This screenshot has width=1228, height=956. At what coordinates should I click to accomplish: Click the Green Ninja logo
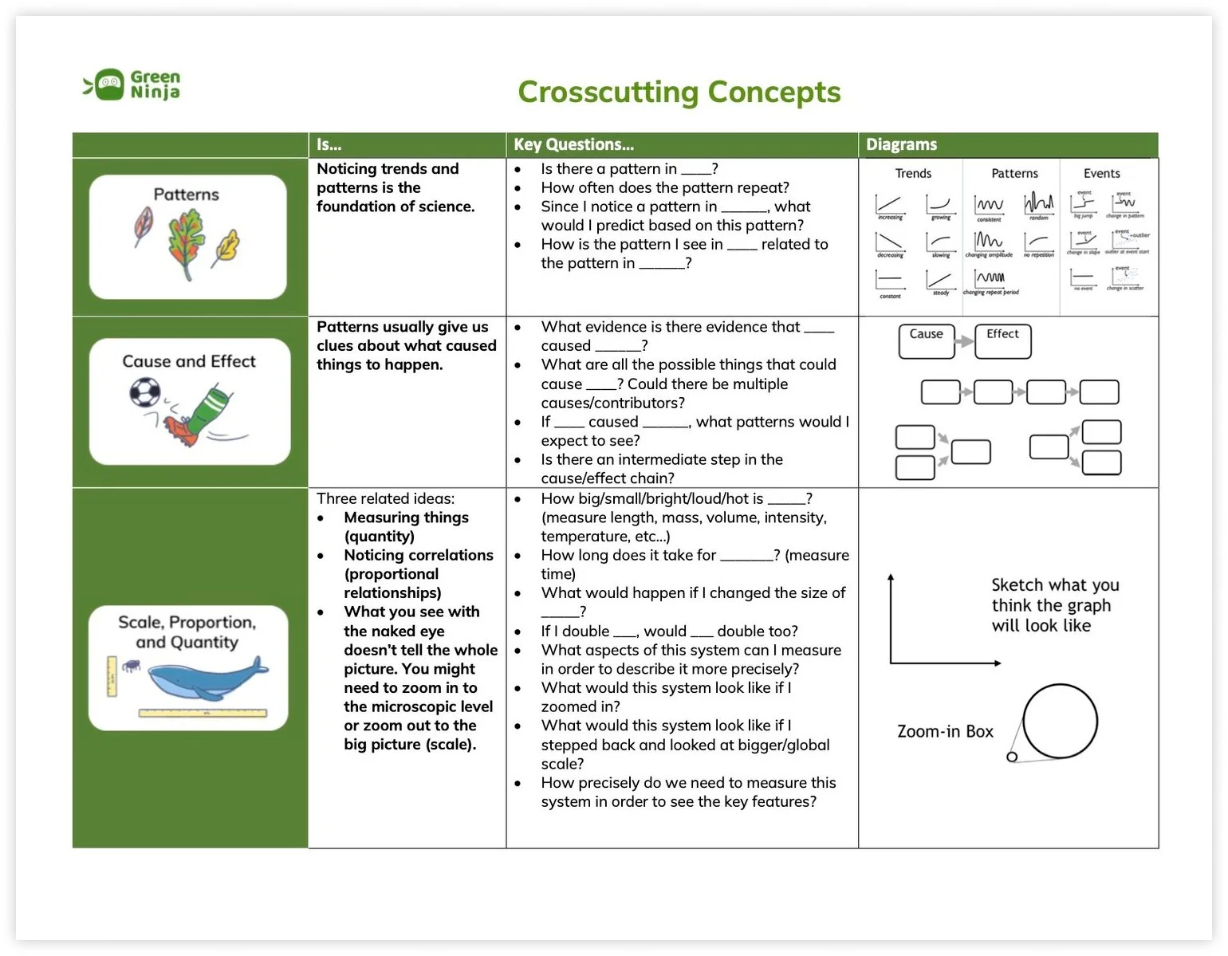pyautogui.click(x=132, y=85)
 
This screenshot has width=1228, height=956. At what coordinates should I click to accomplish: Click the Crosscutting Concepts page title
pyautogui.click(x=679, y=92)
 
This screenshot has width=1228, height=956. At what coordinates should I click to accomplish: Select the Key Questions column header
pyautogui.click(x=574, y=144)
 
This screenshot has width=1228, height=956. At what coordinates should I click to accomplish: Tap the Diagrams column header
pyautogui.click(x=901, y=144)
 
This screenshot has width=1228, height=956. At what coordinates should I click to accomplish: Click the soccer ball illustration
pyautogui.click(x=145, y=392)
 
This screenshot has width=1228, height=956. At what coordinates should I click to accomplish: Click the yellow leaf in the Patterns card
pyautogui.click(x=226, y=248)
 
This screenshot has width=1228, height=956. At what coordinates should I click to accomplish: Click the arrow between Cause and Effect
pyautogui.click(x=965, y=341)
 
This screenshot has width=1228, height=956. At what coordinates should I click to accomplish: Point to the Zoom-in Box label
pyautogui.click(x=945, y=731)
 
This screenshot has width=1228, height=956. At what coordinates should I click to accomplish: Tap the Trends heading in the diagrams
pyautogui.click(x=913, y=173)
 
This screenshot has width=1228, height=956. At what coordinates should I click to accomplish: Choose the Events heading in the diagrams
pyautogui.click(x=1101, y=173)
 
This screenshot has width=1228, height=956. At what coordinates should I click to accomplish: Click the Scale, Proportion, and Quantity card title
pyautogui.click(x=187, y=632)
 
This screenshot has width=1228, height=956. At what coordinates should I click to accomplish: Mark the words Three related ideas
pyautogui.click(x=385, y=498)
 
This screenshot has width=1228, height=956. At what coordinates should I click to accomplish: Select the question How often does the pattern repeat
pyautogui.click(x=664, y=187)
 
